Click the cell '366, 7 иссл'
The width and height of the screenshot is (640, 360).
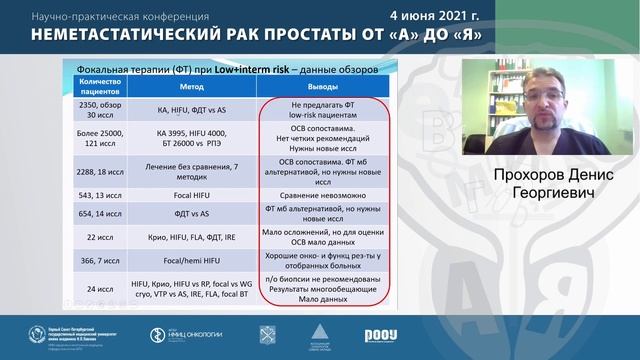(x=98, y=260)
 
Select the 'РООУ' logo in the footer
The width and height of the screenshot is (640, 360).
(x=380, y=334)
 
